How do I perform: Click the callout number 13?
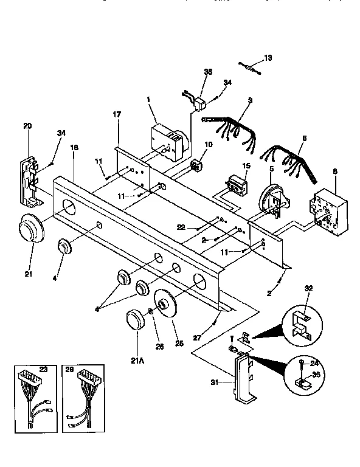coord(268,58)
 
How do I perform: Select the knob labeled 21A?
coord(134,320)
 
